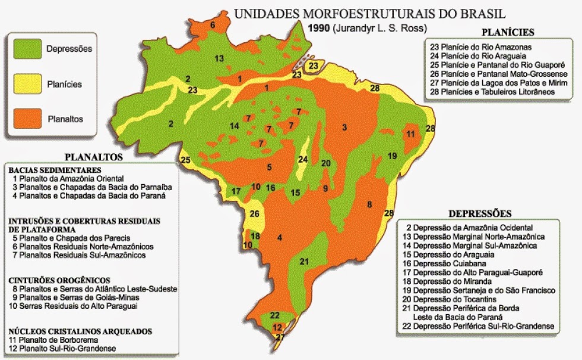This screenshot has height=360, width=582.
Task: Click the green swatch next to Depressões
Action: pos(25,49)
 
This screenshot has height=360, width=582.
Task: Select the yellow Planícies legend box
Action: pos(25,84)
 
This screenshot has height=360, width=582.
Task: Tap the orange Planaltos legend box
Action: pos(25,119)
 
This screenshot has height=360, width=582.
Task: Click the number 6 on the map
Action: pos(212,25)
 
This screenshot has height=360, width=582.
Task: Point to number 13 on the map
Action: pos(219,58)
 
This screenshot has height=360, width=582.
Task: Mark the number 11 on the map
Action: pos(410,134)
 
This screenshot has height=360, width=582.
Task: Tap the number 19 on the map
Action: pos(392,156)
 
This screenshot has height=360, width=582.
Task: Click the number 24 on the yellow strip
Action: pos(303,159)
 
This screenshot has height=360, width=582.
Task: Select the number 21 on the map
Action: pos(304,261)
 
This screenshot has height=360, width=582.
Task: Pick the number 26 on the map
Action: pos(255,214)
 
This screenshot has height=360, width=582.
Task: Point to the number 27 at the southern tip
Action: pos(280,337)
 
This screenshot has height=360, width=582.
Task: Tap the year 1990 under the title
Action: pos(318,27)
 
